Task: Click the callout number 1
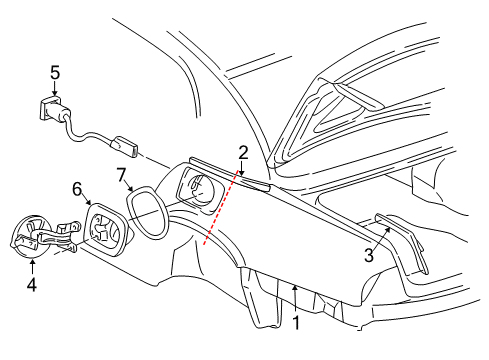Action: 296,323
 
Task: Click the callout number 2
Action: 243,152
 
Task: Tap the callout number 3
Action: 369,256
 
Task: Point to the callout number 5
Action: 55,73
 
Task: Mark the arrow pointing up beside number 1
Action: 295,295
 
